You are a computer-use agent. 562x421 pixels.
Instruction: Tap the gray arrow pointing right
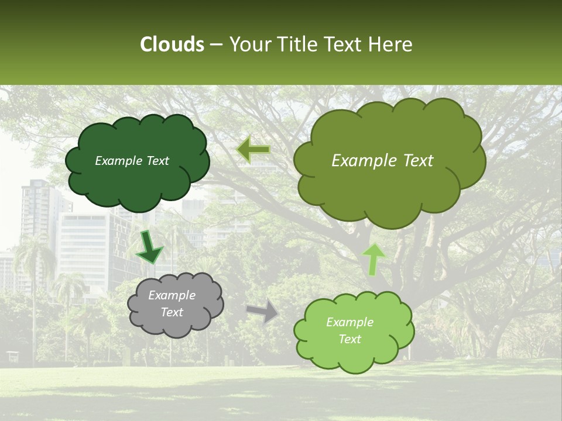coord(263,311)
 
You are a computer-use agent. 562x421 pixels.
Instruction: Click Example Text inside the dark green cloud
coord(132,161)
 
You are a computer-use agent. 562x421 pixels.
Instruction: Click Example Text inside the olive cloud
coord(382,161)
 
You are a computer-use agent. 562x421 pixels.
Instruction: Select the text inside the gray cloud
coord(172,303)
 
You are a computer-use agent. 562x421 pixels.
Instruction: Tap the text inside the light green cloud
coord(349,330)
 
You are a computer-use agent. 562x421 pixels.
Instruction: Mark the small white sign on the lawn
coord(12,356)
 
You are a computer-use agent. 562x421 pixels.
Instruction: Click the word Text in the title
coord(344,44)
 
